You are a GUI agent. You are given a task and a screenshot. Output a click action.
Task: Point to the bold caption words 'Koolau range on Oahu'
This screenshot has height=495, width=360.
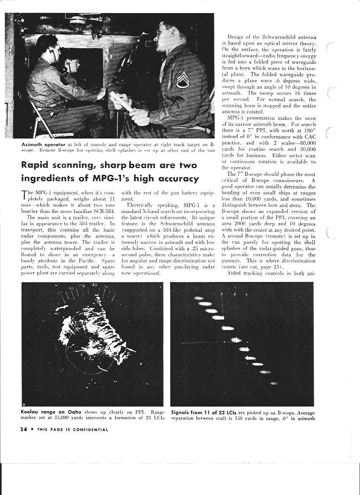[48, 412]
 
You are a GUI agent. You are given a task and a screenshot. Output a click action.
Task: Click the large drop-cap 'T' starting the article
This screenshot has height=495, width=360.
[24, 195]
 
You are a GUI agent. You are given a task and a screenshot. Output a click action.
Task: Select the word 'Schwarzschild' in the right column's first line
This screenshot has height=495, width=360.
[273, 37]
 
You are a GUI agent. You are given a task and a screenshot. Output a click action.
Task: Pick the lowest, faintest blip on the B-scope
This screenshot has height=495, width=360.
[274, 383]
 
